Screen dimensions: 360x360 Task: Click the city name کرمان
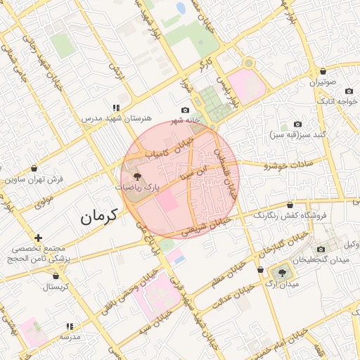96,217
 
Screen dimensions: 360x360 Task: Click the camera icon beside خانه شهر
186,110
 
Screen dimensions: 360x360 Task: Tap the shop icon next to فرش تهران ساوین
35,169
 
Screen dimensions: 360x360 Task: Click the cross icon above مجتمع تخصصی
38,238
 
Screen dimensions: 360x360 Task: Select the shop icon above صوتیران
323,72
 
